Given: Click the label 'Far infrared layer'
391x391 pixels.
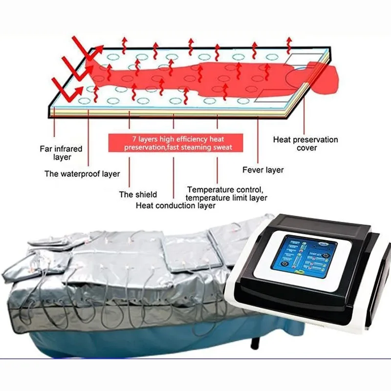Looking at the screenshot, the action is [61, 152].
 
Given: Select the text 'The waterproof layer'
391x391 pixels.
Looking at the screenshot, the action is [82, 174].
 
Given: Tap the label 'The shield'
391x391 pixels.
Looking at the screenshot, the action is [138, 195].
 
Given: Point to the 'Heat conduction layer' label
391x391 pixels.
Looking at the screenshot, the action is [175, 206].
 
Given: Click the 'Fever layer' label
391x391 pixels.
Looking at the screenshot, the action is [263, 170].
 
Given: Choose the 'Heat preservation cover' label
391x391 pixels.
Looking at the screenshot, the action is [305, 143].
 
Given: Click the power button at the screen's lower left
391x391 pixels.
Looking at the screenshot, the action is [285, 264].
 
